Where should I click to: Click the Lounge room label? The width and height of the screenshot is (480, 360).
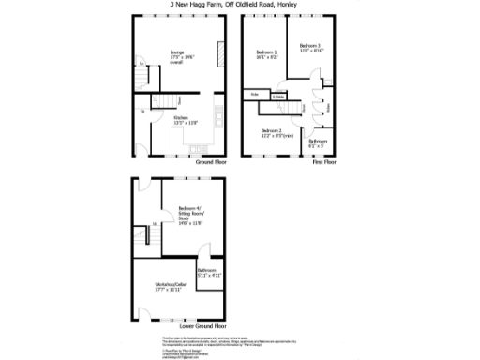[x=177, y=55]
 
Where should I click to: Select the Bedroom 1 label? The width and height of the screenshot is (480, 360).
[x=268, y=53]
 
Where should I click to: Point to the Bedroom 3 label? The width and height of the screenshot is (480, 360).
[x=310, y=48]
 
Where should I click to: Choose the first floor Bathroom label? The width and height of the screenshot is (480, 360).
[x=318, y=143]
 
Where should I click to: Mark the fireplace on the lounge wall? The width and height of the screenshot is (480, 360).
[x=221, y=54]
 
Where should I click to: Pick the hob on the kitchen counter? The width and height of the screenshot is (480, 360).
[x=217, y=115]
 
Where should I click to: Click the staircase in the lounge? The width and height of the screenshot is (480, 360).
[x=140, y=77]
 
